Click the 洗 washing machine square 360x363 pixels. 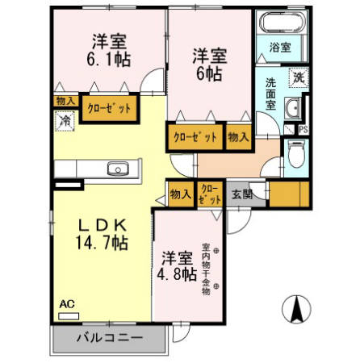click(x=299, y=77)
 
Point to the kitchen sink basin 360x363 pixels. click(x=118, y=169)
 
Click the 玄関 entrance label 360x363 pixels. click(x=242, y=194)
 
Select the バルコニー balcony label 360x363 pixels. click(x=110, y=338)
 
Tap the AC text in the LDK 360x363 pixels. click(x=67, y=305)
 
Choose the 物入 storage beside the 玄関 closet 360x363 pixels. click(x=180, y=194)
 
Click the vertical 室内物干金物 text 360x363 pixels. click(x=207, y=269)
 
